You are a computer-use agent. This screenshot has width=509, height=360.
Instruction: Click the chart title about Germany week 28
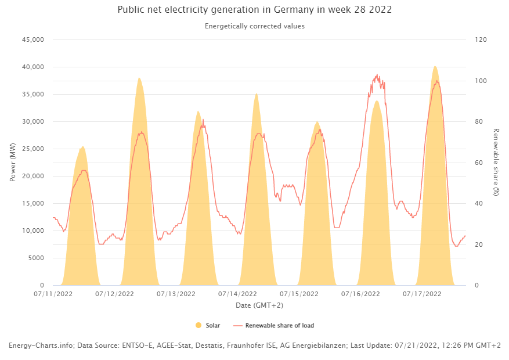pyautogui.click(x=254, y=10)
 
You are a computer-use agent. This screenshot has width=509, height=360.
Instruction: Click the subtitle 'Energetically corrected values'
pyautogui.click(x=254, y=26)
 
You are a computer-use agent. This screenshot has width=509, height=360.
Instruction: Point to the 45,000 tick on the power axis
pyautogui.click(x=33, y=39)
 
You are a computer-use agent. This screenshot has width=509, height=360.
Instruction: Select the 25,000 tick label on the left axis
pyautogui.click(x=33, y=149)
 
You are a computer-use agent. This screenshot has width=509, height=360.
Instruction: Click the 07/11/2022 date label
pyautogui.click(x=54, y=294)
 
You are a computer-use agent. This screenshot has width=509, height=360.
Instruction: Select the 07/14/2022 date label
pyautogui.click(x=238, y=294)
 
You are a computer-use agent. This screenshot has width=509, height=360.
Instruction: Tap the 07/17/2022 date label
pyautogui.click(x=422, y=294)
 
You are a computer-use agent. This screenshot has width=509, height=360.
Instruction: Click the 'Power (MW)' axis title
pyautogui.click(x=13, y=163)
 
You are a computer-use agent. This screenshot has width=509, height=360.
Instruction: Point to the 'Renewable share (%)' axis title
pyautogui.click(x=496, y=162)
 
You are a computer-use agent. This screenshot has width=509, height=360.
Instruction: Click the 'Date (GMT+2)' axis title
pyautogui.click(x=259, y=305)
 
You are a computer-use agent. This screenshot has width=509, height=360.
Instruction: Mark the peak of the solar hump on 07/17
pyautogui.click(x=435, y=67)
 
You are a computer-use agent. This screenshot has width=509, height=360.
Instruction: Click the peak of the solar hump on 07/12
pyautogui.click(x=139, y=78)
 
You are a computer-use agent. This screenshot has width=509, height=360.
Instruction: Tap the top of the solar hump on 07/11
pyautogui.click(x=83, y=147)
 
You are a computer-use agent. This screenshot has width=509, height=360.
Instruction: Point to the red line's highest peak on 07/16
pyautogui.click(x=377, y=75)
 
